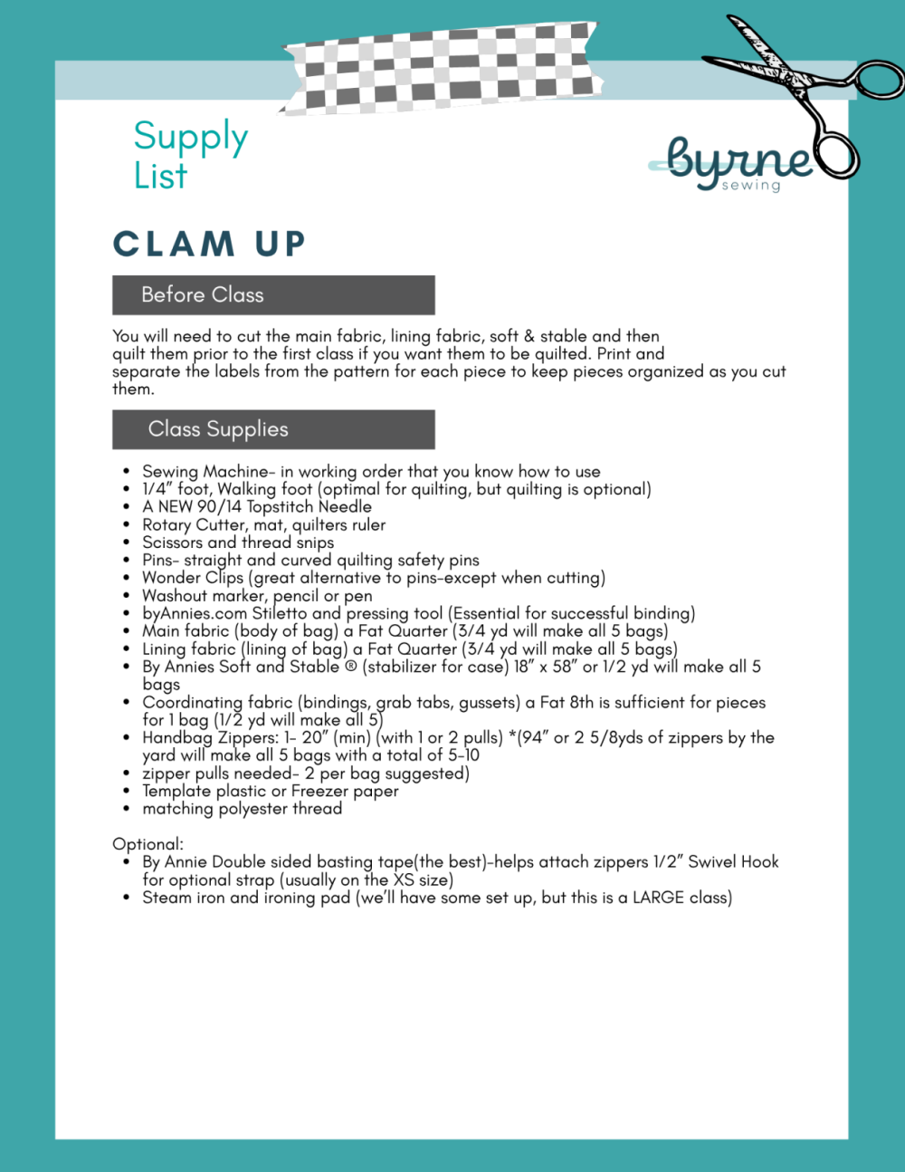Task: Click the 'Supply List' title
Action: [x=190, y=155]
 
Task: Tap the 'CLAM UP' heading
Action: [x=209, y=244]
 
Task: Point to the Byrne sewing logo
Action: [x=738, y=164]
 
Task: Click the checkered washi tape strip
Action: [x=442, y=69]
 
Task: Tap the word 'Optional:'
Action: [x=148, y=844]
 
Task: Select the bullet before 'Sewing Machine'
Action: [x=127, y=472]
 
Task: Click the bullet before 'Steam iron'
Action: [x=127, y=898]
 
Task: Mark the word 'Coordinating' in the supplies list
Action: [x=192, y=703]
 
